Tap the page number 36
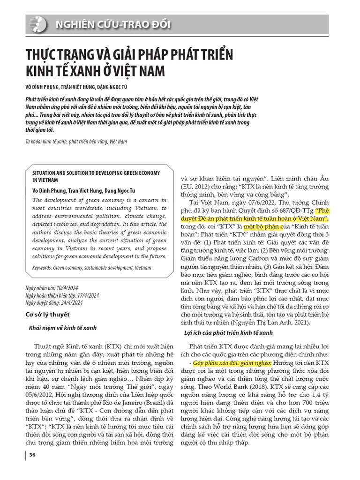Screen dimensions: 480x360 [x=32, y=455]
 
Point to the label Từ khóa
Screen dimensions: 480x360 [x=33, y=141]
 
